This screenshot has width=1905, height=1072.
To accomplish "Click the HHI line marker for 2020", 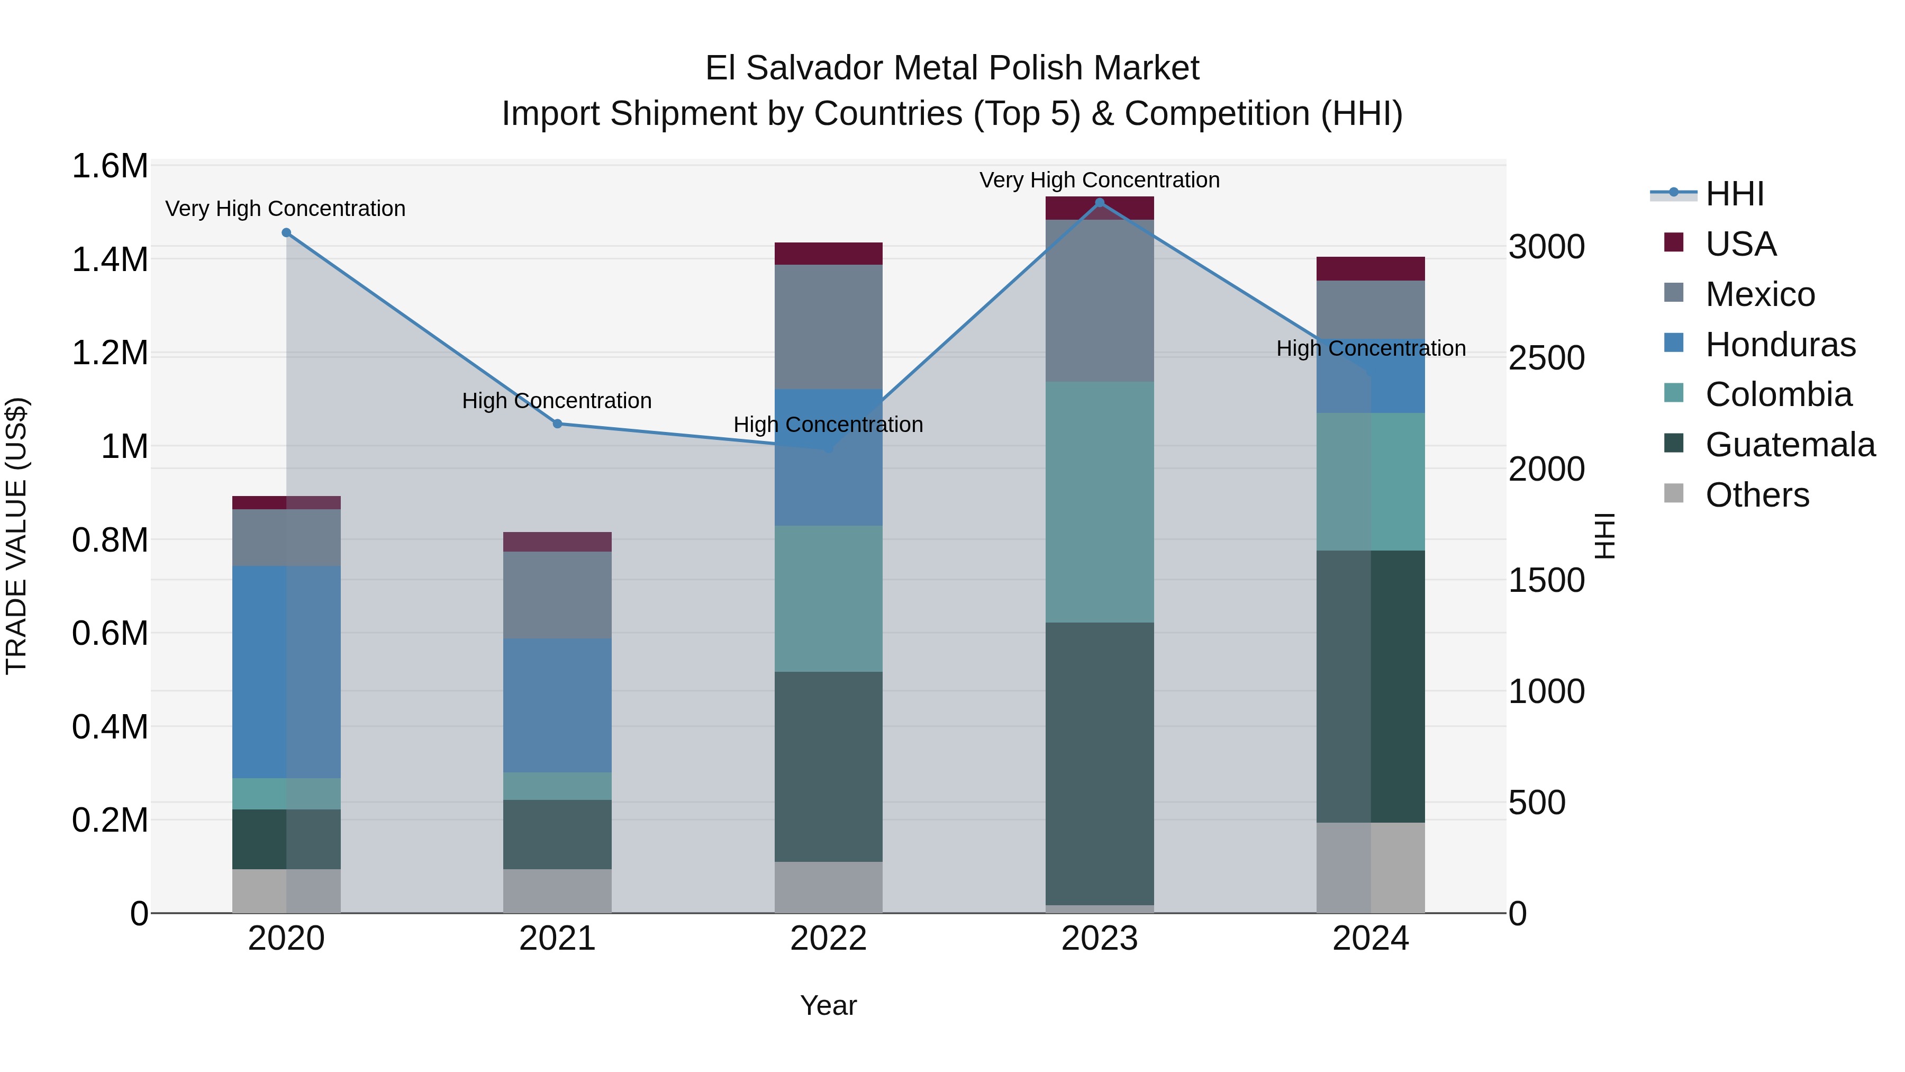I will coord(286,232).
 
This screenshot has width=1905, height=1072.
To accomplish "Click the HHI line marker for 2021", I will coord(558,424).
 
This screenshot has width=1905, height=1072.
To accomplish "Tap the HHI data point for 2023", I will coord(1100,203).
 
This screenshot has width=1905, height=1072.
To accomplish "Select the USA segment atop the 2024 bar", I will coord(1371,268).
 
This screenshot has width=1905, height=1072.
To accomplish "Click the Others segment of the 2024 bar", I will coord(1371,867).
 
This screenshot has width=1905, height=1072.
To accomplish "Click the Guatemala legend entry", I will coord(1790,445).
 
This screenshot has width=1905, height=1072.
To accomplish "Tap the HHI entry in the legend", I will coord(1734,194).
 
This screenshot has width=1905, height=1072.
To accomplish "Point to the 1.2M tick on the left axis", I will coord(110,353).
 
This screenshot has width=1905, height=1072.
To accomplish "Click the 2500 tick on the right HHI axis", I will coord(1546,358).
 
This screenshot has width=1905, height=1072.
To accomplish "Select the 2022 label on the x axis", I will coord(828,939).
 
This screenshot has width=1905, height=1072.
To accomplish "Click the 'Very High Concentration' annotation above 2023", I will coord(1100,180).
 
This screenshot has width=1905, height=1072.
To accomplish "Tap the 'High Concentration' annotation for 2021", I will coord(557,400).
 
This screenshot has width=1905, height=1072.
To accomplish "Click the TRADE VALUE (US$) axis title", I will coord(16,536).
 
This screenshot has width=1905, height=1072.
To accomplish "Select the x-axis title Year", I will coord(828,1005).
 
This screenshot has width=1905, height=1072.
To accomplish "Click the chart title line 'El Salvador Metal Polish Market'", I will coord(952,68).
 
